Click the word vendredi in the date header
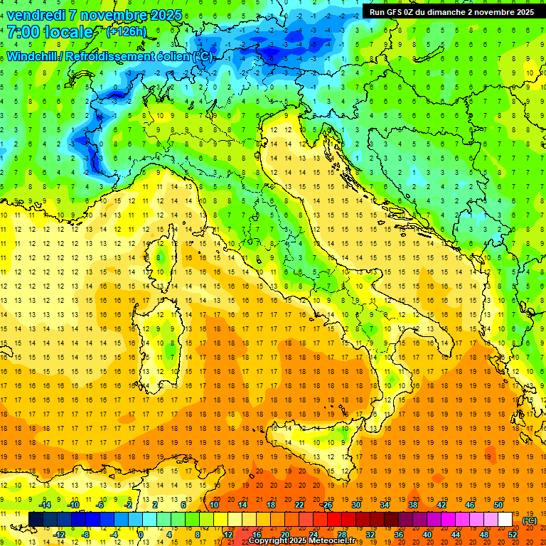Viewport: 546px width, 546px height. (36, 15)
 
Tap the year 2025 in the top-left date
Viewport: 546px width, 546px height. (165, 15)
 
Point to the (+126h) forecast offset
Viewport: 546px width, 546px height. (127, 32)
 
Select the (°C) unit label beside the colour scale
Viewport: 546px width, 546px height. (529, 520)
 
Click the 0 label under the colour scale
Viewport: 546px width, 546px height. (141, 534)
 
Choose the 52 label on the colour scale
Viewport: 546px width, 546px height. (512, 534)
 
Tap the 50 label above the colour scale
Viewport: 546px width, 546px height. (498, 505)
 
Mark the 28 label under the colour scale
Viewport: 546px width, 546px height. (341, 534)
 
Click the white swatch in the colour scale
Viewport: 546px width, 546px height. (505, 520)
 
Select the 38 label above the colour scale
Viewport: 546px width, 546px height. (412, 505)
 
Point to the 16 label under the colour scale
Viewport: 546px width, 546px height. (256, 534)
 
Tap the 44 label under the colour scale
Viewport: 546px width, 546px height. (455, 534)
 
